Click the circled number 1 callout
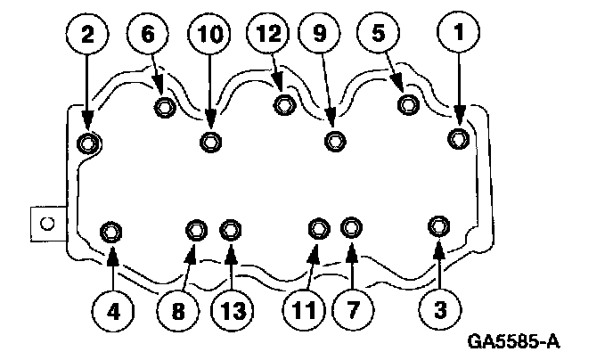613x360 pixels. (460, 35)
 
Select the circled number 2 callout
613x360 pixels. (87, 35)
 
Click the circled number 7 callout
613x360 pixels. (351, 312)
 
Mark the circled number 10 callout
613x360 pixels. (210, 35)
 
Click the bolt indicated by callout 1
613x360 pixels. (458, 138)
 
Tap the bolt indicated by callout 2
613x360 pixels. (88, 142)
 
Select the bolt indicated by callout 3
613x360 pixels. (438, 225)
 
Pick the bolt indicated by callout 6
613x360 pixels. (165, 109)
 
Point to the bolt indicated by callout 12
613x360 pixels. (284, 105)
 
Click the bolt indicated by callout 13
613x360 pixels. (231, 230)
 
